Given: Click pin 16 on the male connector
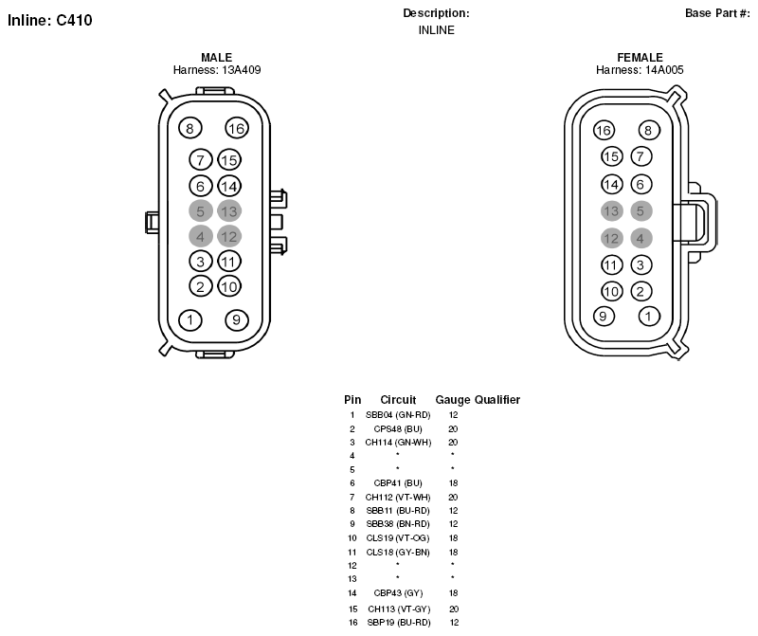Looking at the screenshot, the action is pyautogui.click(x=237, y=128).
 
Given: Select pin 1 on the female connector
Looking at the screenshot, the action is pyautogui.click(x=649, y=317).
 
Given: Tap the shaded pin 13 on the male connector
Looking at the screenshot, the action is pyautogui.click(x=229, y=211).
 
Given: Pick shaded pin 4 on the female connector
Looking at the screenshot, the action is pyautogui.click(x=641, y=238).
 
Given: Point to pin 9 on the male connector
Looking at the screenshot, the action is pyautogui.click(x=237, y=319).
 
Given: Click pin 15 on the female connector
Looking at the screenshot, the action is pyautogui.click(x=611, y=156).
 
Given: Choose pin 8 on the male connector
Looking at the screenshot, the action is pyautogui.click(x=190, y=128).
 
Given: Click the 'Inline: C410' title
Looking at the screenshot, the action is pyautogui.click(x=50, y=20).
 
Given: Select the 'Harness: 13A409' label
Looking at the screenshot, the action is pyautogui.click(x=217, y=70).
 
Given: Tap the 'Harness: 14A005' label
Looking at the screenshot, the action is pyautogui.click(x=640, y=70).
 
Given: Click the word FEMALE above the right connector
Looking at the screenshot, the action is pyautogui.click(x=641, y=57).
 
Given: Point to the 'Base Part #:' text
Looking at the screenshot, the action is pyautogui.click(x=717, y=13).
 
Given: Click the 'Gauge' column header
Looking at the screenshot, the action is pyautogui.click(x=453, y=400).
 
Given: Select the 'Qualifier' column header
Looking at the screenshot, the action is pyautogui.click(x=497, y=400).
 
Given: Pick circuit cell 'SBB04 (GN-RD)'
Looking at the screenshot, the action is pyautogui.click(x=398, y=415).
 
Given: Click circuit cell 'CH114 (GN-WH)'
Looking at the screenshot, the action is pyautogui.click(x=398, y=442).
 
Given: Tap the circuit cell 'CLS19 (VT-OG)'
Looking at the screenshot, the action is pyautogui.click(x=398, y=537).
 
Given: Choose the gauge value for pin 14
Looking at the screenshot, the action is pyautogui.click(x=453, y=593).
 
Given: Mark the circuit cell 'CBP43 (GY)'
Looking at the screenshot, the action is pyautogui.click(x=398, y=593).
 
